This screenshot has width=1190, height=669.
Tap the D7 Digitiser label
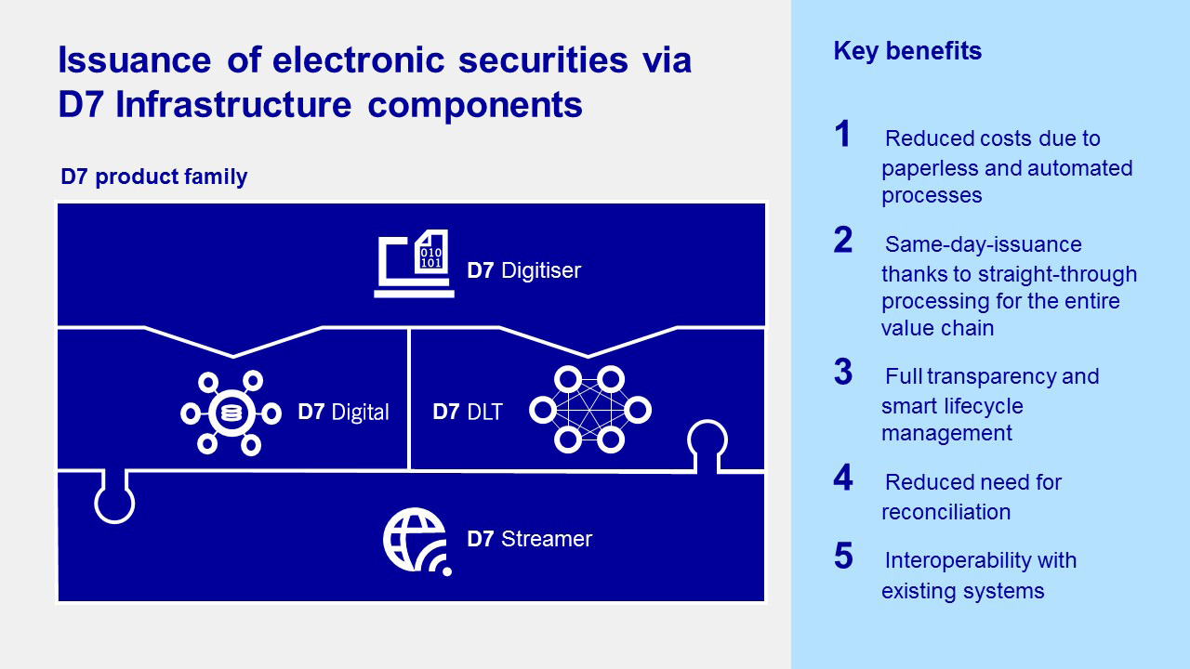tap(523, 270)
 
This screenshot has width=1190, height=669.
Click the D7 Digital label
tap(343, 412)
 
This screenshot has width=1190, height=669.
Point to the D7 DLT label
tap(468, 412)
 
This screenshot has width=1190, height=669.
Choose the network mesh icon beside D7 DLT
tap(589, 410)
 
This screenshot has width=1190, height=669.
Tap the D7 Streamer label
tap(529, 539)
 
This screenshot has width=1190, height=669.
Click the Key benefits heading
tap(907, 51)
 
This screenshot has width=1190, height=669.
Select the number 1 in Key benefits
tap(842, 136)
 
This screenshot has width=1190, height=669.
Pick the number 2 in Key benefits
tap(842, 241)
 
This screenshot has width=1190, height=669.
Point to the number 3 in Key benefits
tap(842, 373)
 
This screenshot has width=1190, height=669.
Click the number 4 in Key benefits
tap(842, 479)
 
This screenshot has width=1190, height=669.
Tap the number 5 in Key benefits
tap(842, 557)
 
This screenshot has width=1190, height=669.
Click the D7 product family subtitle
tap(153, 177)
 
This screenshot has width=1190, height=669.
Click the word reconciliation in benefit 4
tap(945, 512)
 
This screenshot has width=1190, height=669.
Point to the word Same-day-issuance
tap(984, 244)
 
